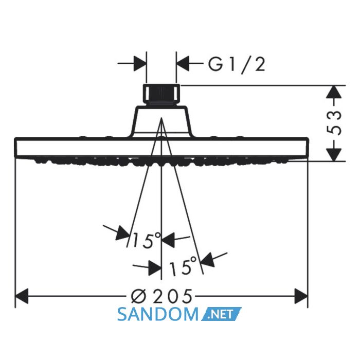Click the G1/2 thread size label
(x=237, y=65)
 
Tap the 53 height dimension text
(x=334, y=123)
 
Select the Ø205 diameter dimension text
(x=161, y=296)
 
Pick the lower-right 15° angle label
(x=183, y=266)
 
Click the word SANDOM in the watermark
(x=157, y=315)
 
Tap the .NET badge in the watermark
(x=221, y=314)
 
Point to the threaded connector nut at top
(x=161, y=95)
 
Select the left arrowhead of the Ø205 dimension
(x=22, y=296)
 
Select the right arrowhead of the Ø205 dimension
(x=301, y=296)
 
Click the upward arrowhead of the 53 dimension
(x=334, y=92)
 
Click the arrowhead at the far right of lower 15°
(x=208, y=260)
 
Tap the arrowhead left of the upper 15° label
(x=123, y=233)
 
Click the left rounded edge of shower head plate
(x=15, y=147)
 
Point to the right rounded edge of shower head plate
(x=307, y=147)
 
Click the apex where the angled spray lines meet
(x=161, y=118)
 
